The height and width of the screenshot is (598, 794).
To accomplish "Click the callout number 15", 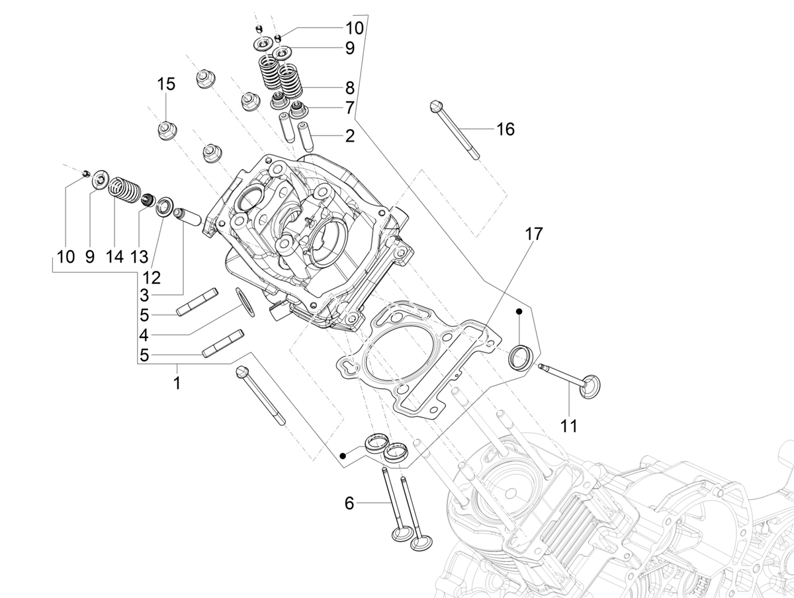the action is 166,84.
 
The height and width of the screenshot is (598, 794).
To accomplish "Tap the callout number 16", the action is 506,129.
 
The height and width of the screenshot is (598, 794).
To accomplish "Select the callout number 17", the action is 534,234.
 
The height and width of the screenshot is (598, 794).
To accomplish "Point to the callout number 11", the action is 569,426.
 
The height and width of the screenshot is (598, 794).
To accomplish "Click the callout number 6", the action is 349,503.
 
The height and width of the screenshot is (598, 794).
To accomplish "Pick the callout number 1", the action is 177,383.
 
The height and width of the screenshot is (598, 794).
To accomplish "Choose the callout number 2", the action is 350,136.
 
